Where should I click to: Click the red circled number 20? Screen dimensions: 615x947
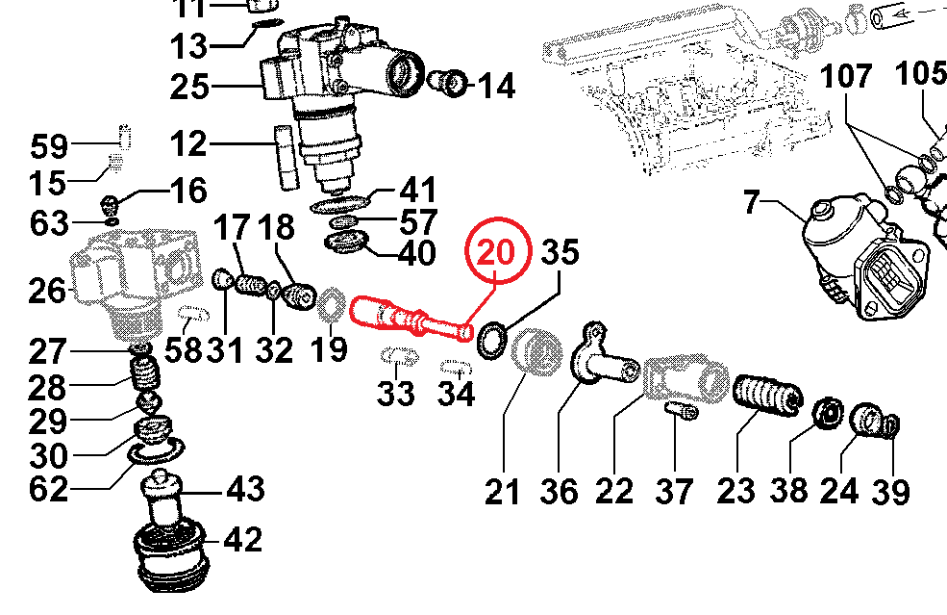click(498, 254)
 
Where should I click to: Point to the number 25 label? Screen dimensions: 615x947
click(189, 88)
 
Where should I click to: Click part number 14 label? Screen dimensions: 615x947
click(496, 87)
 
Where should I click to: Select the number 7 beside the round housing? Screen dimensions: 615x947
click(752, 203)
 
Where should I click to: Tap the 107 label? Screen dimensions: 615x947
click(848, 76)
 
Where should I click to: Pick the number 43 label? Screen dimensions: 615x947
click(244, 490)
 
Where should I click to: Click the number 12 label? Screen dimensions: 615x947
click(187, 145)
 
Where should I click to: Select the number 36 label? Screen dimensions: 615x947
click(559, 492)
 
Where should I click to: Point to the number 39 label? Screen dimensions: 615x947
click(889, 492)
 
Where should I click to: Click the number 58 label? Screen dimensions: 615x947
click(183, 349)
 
